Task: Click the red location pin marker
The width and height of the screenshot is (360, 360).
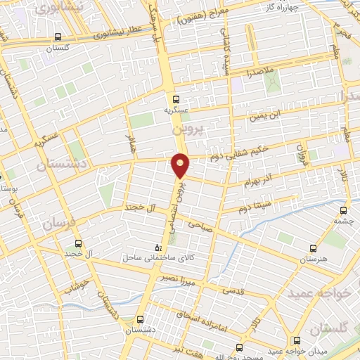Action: pyautogui.click(x=181, y=165)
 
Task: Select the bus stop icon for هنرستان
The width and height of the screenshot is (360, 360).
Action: pyautogui.click(x=313, y=248)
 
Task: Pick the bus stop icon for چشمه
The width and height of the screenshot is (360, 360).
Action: pyautogui.click(x=343, y=210)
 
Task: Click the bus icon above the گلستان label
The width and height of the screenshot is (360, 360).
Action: pyautogui.click(x=58, y=37)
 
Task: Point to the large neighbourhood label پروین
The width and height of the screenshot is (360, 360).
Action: pyautogui.click(x=186, y=131)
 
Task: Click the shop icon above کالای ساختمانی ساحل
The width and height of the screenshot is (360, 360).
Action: pyautogui.click(x=157, y=247)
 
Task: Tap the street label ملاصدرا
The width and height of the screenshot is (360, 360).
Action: pyautogui.click(x=260, y=72)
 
